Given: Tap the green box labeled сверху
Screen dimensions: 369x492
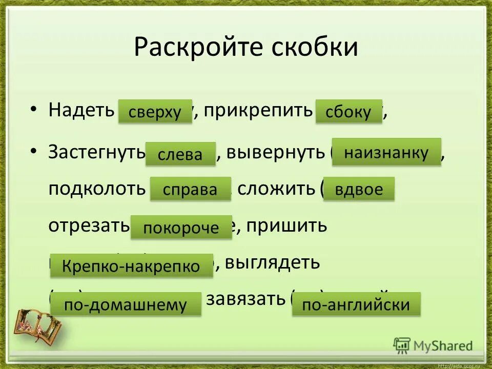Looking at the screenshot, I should [x=155, y=112].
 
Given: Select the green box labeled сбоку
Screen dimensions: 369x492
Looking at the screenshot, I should [x=348, y=112].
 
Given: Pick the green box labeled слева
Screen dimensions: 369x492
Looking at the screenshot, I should [x=180, y=154].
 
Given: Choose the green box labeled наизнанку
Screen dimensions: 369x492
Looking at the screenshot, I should [x=386, y=152].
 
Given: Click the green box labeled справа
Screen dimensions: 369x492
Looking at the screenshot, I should [x=190, y=190].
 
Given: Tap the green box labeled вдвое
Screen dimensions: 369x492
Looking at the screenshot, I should [x=359, y=189].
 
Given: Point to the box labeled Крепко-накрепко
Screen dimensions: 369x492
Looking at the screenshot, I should [x=131, y=265].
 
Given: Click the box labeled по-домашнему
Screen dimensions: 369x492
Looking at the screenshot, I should [x=126, y=304].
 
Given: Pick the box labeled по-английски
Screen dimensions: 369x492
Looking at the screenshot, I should [x=356, y=305].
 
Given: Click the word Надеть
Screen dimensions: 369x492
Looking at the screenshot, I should [x=80, y=110].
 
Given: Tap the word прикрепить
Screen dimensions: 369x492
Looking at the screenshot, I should [x=258, y=110].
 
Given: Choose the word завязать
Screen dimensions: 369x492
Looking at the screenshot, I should [x=245, y=298].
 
